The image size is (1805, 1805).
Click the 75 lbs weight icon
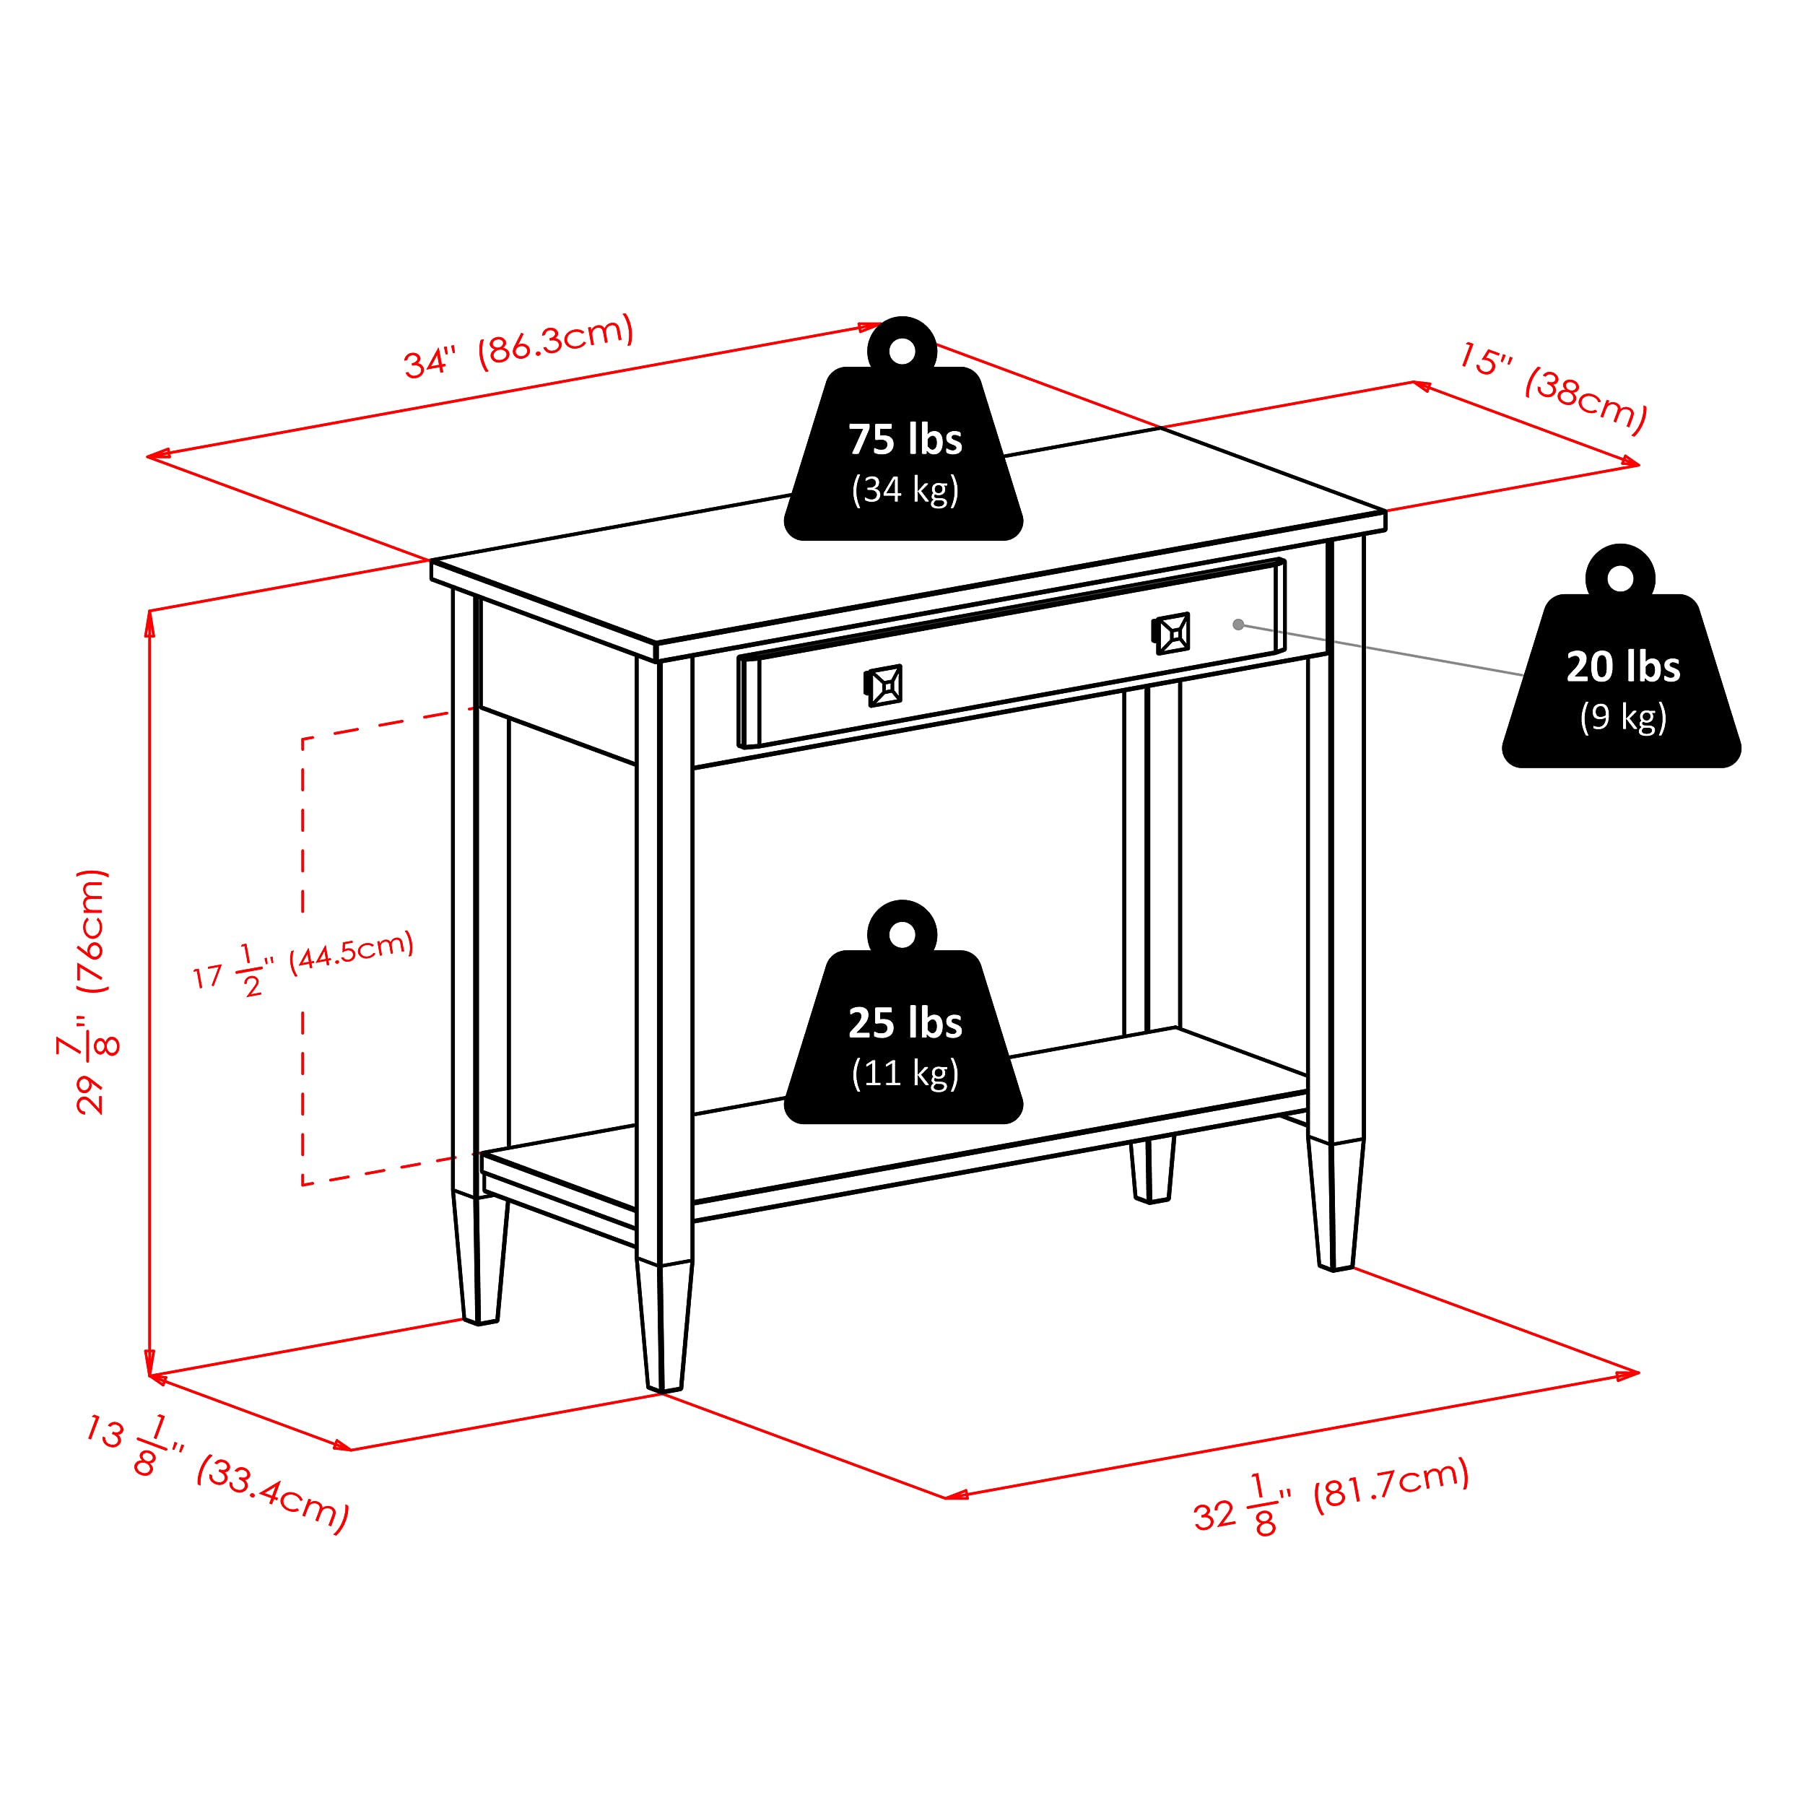point(902,448)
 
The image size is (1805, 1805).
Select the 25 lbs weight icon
point(902,1032)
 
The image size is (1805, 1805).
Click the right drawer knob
point(1172,633)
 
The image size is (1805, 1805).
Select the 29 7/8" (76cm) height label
point(92,991)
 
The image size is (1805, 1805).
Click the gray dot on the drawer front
point(1238,624)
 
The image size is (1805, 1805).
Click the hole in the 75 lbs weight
point(902,352)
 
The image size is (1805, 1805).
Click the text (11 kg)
point(905,1073)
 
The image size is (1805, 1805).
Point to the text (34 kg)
point(905,490)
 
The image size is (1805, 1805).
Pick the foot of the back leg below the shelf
point(1152,1170)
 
